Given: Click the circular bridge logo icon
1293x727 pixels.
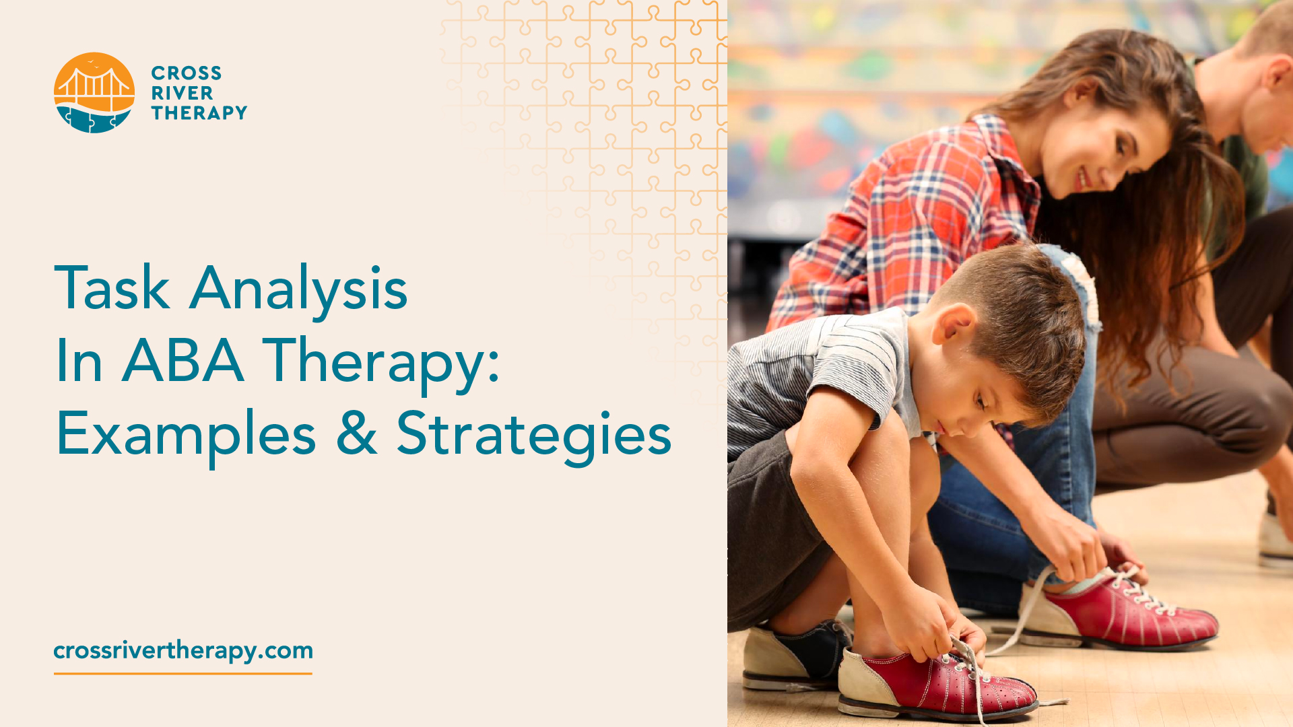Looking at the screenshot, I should [94, 93].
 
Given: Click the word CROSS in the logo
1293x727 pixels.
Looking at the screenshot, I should [186, 73].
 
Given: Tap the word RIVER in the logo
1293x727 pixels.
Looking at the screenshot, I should [182, 93].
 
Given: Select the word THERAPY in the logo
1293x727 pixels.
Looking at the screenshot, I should [199, 112].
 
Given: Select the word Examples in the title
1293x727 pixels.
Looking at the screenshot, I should [186, 435].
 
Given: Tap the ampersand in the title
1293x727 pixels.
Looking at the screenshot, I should [356, 434].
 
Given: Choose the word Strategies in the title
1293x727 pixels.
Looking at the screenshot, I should [533, 435].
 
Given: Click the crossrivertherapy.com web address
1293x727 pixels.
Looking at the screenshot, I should [183, 650].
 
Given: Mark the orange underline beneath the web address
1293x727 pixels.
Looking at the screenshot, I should [183, 672].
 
